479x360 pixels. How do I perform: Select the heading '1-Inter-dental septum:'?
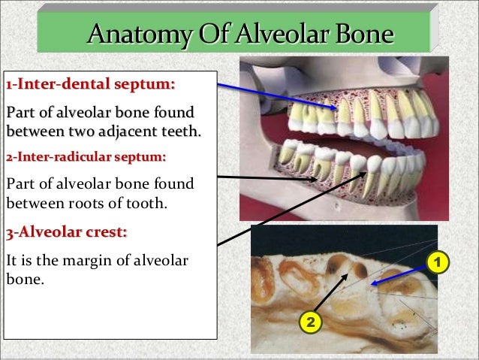click(x=90, y=83)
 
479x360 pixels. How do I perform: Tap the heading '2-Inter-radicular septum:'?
click(x=86, y=158)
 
